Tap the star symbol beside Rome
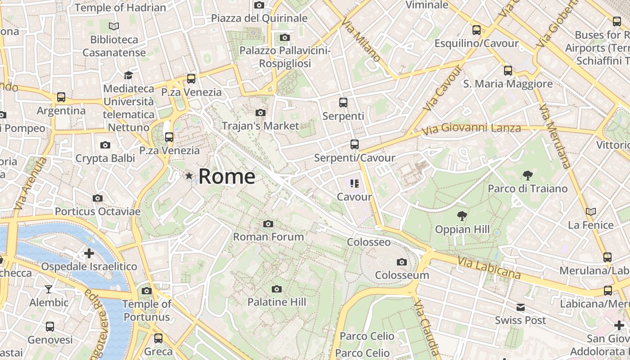(189, 175)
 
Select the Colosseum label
(402, 275)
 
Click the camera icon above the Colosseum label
(402, 262)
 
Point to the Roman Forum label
(268, 236)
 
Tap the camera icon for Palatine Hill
(277, 289)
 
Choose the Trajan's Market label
(261, 126)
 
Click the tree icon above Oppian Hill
(462, 216)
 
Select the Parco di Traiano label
(528, 189)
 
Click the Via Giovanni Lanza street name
(471, 129)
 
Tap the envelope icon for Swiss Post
(521, 307)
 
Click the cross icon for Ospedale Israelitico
(89, 253)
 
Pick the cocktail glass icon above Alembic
(49, 289)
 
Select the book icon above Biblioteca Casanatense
(114, 27)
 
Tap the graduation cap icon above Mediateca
(129, 75)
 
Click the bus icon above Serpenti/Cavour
(355, 144)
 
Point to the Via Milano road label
(361, 40)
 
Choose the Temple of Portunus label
(147, 310)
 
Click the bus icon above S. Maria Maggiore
(508, 71)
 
